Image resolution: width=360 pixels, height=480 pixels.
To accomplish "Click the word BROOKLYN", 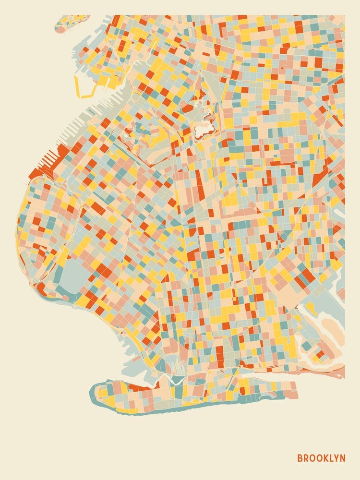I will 321,457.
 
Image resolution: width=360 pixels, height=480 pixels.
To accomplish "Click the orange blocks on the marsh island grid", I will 320,354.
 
